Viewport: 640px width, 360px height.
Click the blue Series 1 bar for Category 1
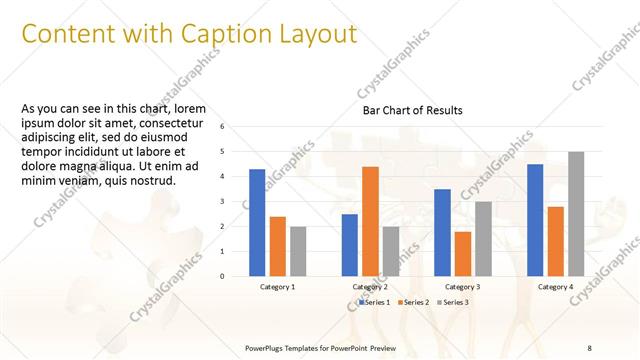pos(257,223)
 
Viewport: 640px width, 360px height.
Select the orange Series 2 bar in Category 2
pos(370,221)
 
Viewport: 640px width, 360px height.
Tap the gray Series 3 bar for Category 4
pos(576,214)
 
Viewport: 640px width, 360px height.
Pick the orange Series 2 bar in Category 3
pos(462,254)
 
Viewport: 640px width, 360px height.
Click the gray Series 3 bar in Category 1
pos(298,251)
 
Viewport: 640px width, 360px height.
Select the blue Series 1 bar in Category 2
pos(349,245)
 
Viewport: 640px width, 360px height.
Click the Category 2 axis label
pos(369,287)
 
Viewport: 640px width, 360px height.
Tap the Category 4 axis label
pos(555,287)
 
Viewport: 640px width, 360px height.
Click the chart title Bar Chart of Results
pos(412,110)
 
